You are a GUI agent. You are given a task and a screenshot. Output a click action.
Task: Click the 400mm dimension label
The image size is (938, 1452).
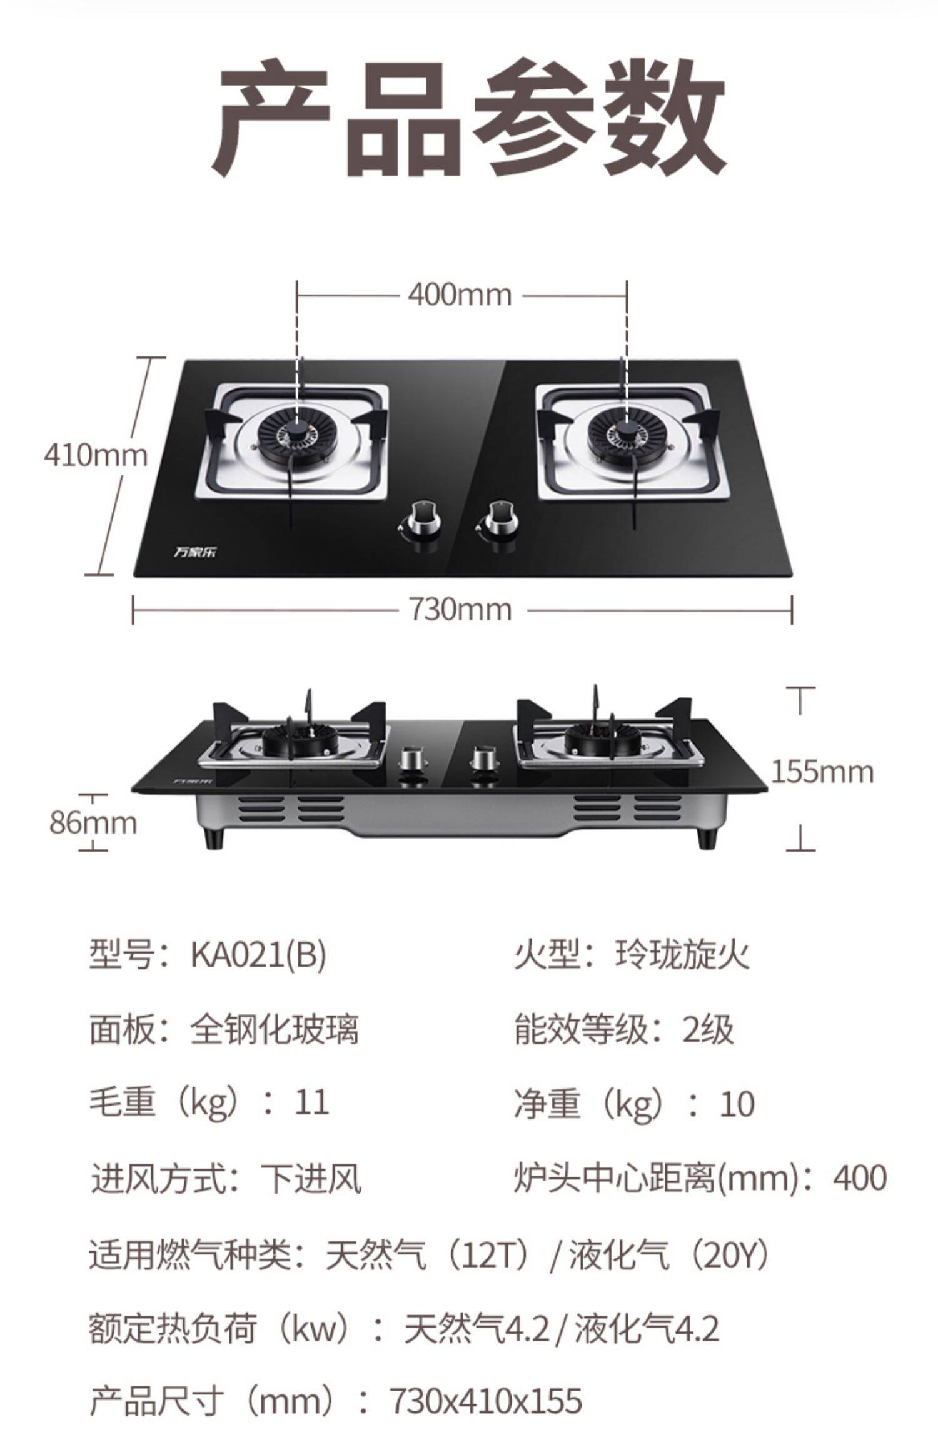point(460,294)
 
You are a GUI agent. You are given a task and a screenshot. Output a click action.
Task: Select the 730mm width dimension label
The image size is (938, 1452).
point(461,609)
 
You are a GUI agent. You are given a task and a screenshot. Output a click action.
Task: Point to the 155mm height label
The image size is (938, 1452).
point(822,772)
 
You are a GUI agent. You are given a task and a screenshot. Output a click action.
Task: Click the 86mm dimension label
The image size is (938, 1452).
point(93,822)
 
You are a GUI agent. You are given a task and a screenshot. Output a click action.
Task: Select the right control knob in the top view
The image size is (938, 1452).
point(498,517)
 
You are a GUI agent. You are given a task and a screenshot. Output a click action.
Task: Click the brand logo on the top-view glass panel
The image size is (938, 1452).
point(193,553)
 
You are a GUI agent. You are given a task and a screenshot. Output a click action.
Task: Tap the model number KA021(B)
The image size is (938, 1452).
point(258,955)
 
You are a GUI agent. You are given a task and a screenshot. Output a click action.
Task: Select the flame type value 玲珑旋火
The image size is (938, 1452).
point(681,955)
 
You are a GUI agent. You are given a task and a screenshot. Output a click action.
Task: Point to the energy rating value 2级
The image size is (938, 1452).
point(707,1029)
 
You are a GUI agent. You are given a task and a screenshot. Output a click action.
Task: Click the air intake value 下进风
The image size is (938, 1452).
point(311,1178)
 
